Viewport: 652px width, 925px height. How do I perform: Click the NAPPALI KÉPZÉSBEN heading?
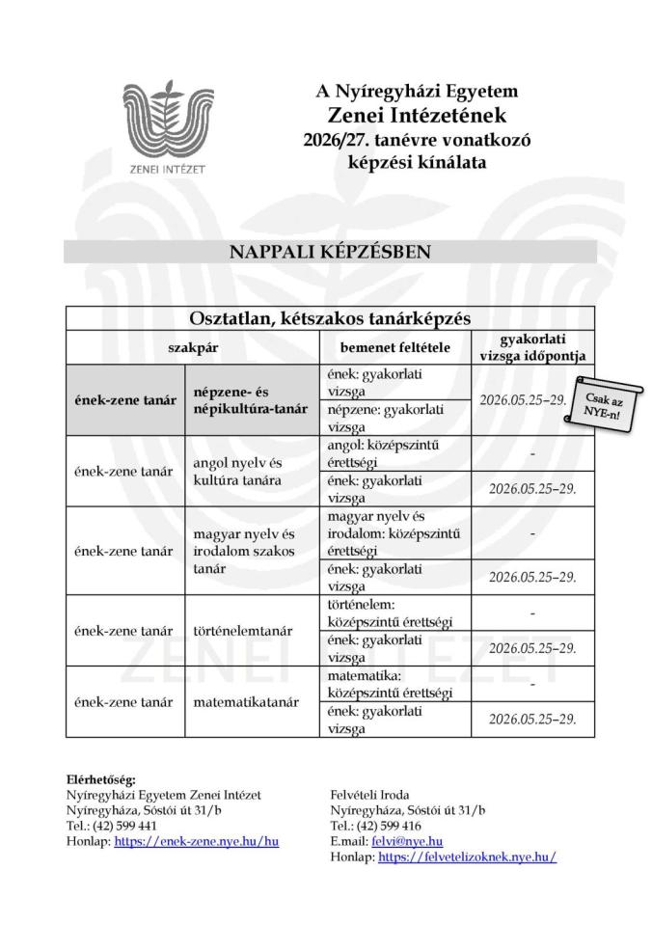[x=330, y=252]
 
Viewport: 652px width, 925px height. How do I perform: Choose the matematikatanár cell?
[x=238, y=702]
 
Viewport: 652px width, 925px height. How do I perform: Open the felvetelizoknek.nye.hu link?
[x=467, y=857]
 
